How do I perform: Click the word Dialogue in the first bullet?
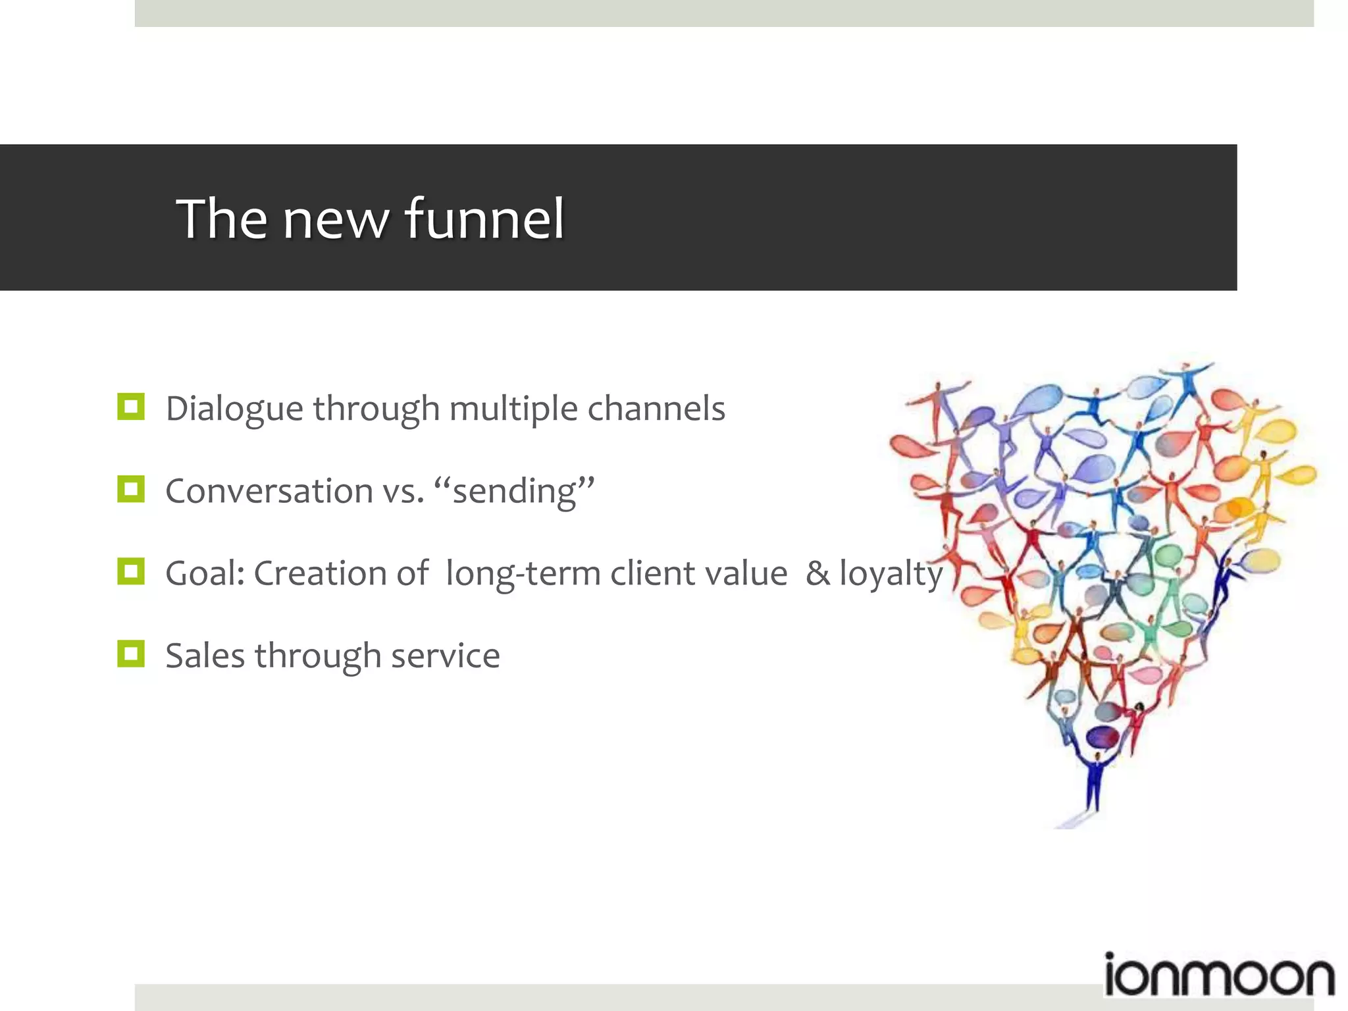click(234, 409)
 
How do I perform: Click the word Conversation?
click(269, 491)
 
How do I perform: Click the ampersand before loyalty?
click(817, 573)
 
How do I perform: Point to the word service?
click(445, 656)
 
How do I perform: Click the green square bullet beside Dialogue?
click(131, 407)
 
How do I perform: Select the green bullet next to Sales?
click(131, 654)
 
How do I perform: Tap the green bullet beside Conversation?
click(131, 489)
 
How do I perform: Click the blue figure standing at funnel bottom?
click(1093, 783)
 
